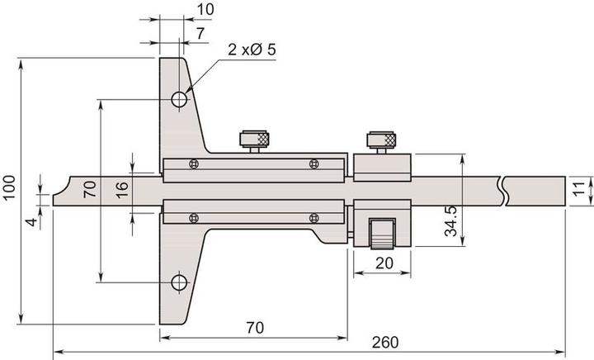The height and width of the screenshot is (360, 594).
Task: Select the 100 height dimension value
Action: [x=9, y=190]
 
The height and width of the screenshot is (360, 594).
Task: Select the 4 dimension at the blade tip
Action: [x=31, y=222]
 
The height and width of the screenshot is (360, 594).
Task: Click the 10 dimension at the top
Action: [x=206, y=9]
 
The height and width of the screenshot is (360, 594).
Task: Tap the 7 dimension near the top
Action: [x=200, y=32]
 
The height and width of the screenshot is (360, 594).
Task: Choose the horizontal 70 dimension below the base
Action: [x=254, y=328]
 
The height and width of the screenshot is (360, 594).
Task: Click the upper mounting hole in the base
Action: [x=179, y=100]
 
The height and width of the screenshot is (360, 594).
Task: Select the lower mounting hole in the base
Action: [x=179, y=282]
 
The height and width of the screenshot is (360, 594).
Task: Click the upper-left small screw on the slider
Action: [x=193, y=164]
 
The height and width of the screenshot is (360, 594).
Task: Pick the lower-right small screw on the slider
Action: [x=313, y=217]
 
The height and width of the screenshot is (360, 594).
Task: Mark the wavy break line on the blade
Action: [x=503, y=190]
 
